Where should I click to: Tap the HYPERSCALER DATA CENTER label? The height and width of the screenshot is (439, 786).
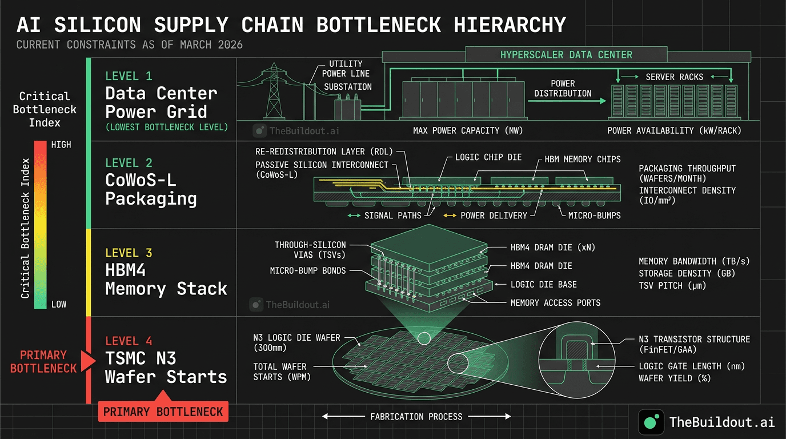[x=566, y=55]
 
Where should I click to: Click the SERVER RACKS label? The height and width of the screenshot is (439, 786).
[x=674, y=77]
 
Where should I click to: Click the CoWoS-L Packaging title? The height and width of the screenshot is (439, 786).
[x=151, y=189]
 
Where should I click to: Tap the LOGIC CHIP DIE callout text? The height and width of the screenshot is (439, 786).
[x=488, y=157]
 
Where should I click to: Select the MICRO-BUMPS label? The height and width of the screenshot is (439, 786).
[x=594, y=215]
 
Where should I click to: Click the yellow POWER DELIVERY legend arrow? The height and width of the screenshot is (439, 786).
[x=450, y=215]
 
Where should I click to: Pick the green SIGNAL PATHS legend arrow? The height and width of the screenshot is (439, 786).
[x=354, y=215]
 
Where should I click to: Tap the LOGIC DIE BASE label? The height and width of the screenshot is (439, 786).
[x=543, y=284]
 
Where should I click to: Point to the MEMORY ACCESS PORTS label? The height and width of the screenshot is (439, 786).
[x=555, y=302]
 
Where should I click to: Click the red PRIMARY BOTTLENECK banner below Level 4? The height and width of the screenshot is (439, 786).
[x=163, y=412]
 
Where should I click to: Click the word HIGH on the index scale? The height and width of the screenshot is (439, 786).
[x=61, y=145]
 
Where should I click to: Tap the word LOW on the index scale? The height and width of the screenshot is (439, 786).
[x=59, y=304]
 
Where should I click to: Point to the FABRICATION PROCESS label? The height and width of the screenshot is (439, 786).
[x=416, y=417]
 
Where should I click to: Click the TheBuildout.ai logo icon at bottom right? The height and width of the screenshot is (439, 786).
[x=650, y=422]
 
